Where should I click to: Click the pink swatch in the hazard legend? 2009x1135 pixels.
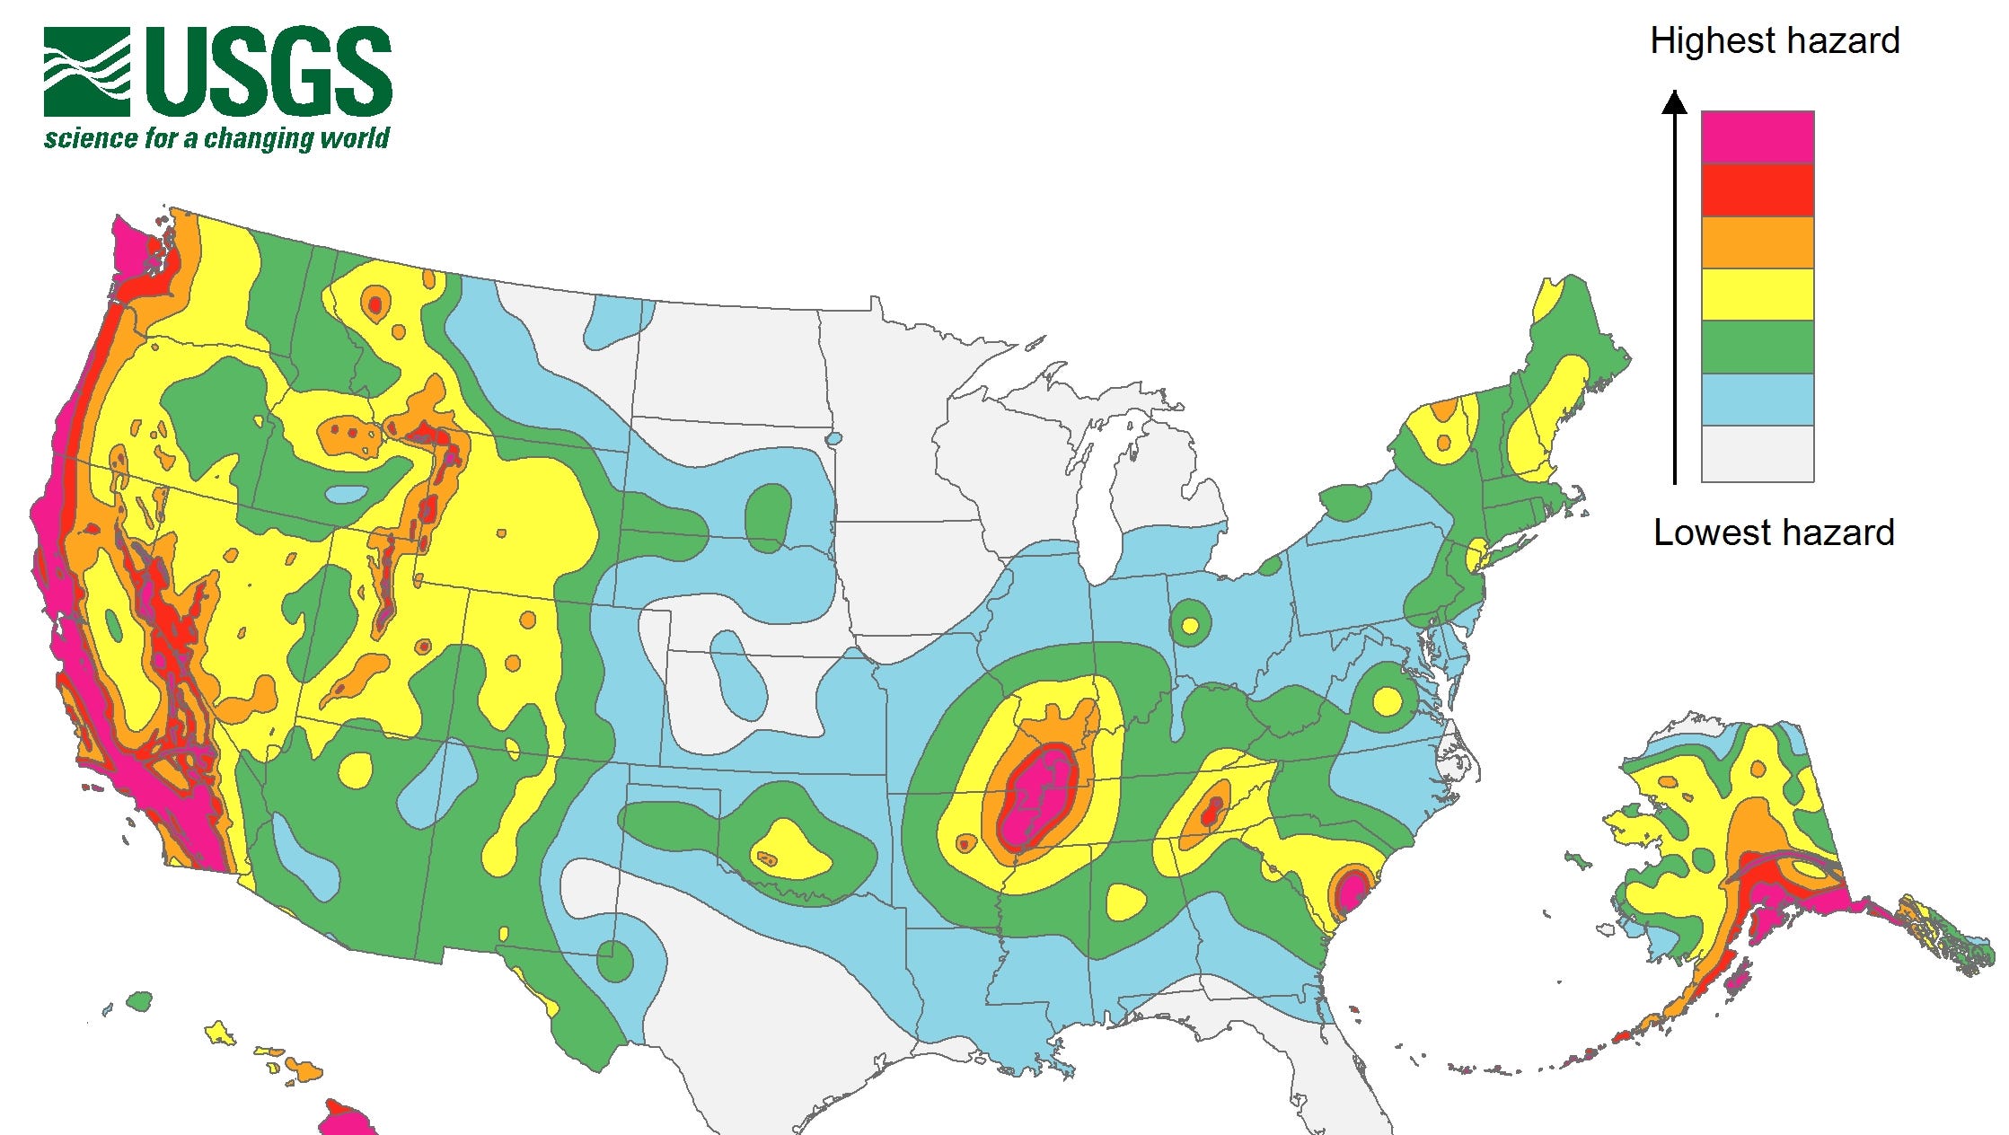[x=1757, y=136]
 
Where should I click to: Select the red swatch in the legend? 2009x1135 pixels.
[x=1757, y=189]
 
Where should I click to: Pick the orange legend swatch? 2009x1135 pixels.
[x=1757, y=242]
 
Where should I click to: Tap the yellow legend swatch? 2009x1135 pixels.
[x=1757, y=294]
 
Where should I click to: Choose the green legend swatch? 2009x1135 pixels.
[x=1757, y=347]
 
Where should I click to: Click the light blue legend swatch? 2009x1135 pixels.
[x=1757, y=399]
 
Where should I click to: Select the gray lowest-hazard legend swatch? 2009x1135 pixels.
[x=1757, y=453]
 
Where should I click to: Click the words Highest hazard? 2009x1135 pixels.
[x=1774, y=41]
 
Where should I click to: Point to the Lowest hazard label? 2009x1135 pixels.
[x=1774, y=532]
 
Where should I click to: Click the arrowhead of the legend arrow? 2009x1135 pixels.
[x=1674, y=102]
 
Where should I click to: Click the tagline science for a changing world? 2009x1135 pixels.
[x=216, y=139]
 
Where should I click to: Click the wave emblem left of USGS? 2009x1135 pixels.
[x=86, y=72]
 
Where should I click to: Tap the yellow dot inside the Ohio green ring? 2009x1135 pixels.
[x=1189, y=625]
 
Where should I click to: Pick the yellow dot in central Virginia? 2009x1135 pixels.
[x=1387, y=700]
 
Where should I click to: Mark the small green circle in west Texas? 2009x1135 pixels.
[x=614, y=961]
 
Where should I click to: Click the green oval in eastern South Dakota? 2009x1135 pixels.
[x=769, y=516]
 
